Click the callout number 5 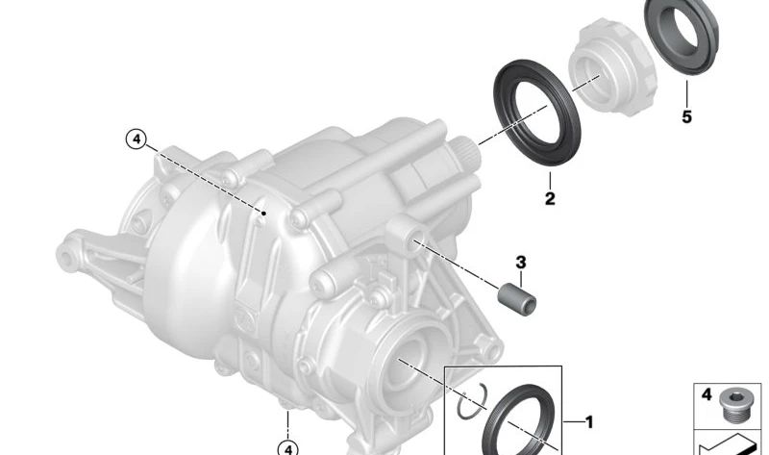coord(686,116)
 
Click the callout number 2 coord(550,199)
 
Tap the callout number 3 coord(521,262)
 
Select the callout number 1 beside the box coord(589,422)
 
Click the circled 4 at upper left coord(136,139)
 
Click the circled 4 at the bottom coord(287,448)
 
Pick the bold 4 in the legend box coord(707,394)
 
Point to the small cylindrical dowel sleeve coord(517,299)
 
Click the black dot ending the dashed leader coord(263,213)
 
